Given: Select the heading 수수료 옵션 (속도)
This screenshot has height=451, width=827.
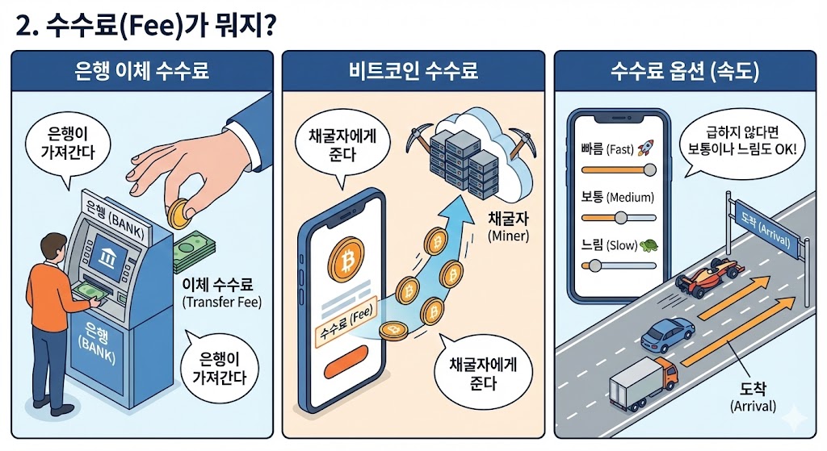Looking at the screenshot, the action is pos(684,70).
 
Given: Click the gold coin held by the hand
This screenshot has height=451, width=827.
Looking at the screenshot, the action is pos(178,214).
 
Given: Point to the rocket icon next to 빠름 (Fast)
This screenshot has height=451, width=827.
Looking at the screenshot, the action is pos(644,148).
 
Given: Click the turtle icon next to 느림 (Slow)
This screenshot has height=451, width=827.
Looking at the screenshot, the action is pos(646,244).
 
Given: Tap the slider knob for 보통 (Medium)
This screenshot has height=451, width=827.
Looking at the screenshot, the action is pos(621,217).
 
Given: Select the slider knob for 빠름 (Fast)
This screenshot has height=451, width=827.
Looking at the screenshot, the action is pos(649,169).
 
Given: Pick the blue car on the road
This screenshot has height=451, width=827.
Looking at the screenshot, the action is pos(666,333).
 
